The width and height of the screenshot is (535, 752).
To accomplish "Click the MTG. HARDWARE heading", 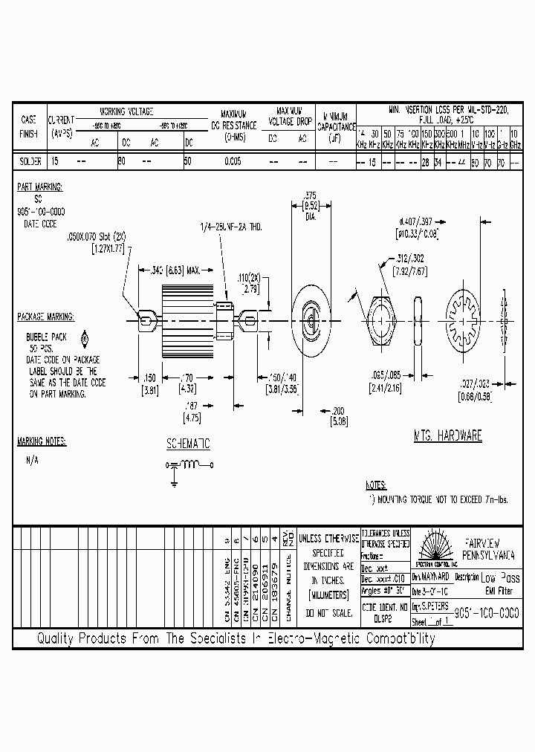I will [x=447, y=436].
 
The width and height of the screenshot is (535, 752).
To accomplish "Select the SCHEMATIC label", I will [x=188, y=444].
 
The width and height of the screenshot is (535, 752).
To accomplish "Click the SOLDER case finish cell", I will [x=29, y=161].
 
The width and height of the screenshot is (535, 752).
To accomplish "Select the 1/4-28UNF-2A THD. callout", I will [x=230, y=226].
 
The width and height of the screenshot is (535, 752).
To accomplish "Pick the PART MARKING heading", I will [x=40, y=188].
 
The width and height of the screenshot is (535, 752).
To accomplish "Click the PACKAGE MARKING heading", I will [x=45, y=317].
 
